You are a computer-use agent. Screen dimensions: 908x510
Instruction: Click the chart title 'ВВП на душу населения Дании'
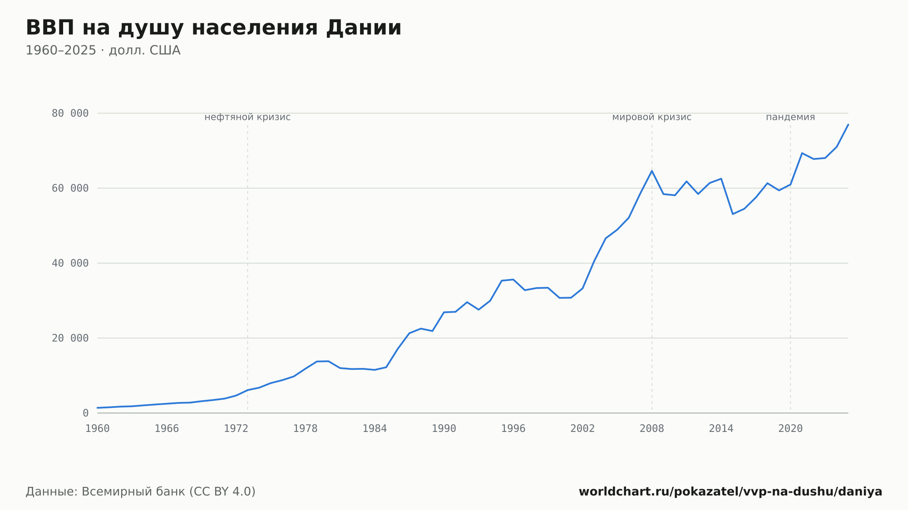tap(213, 28)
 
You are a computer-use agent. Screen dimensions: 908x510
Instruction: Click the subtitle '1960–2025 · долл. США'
tap(103, 50)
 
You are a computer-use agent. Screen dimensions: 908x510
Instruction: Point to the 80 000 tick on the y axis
tap(70, 113)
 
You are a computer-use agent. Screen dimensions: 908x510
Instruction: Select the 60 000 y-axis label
tap(70, 188)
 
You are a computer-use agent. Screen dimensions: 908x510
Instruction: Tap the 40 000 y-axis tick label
tap(70, 263)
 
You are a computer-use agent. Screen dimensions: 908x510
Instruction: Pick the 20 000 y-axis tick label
tap(70, 338)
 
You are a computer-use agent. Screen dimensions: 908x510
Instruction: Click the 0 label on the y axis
tap(86, 413)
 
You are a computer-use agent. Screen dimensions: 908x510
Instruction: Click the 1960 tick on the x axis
tap(98, 429)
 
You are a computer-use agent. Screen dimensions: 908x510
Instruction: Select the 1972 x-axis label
tap(236, 429)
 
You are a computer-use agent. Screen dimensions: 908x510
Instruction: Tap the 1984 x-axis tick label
tap(375, 429)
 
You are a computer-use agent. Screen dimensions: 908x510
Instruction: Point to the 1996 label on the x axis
tap(513, 429)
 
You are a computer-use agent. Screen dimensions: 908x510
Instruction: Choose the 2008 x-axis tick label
tap(652, 429)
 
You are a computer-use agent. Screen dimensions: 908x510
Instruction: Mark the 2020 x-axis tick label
tap(790, 429)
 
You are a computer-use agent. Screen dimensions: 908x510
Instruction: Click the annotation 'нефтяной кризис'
tap(247, 118)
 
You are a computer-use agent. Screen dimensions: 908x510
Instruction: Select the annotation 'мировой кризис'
tap(652, 118)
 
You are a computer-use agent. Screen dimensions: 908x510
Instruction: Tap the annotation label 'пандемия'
tap(790, 118)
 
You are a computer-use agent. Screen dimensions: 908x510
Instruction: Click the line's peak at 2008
tap(652, 171)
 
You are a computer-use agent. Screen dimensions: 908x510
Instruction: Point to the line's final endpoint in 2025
tap(848, 124)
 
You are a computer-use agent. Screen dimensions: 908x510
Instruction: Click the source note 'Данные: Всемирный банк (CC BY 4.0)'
tap(141, 492)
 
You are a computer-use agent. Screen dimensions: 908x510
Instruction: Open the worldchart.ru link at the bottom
tap(730, 492)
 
